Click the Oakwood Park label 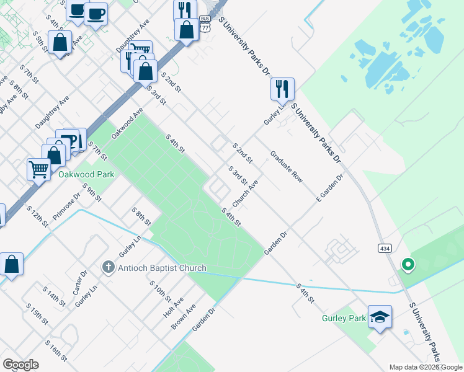pos(86,175)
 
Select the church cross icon pos(108,268)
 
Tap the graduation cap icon pos(380,317)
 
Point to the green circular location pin pos(408,265)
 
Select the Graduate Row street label pos(286,167)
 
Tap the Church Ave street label pos(245,195)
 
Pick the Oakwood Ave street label pos(127,123)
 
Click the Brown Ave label pos(184,316)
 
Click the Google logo pos(20,365)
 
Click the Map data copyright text pos(426,367)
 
